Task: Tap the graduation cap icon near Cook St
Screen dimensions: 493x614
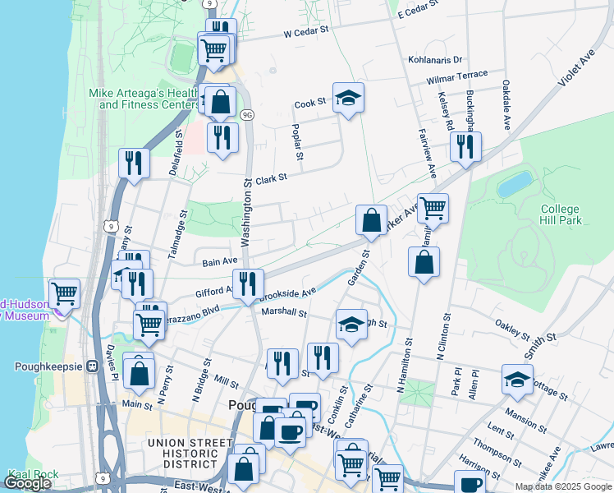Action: click(x=348, y=98)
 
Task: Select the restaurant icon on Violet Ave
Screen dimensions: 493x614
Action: click(x=465, y=147)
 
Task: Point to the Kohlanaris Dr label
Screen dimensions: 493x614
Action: click(x=435, y=60)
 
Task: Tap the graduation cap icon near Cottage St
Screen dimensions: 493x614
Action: click(x=518, y=380)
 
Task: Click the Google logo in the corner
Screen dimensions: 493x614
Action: click(x=28, y=483)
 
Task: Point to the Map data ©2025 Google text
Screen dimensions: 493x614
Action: click(x=563, y=486)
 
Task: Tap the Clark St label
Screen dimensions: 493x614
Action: click(x=271, y=177)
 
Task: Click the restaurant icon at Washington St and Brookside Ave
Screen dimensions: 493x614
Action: click(x=248, y=283)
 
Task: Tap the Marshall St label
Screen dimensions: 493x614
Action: click(x=283, y=313)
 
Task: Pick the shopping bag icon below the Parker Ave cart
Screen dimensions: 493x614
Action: click(x=424, y=264)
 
